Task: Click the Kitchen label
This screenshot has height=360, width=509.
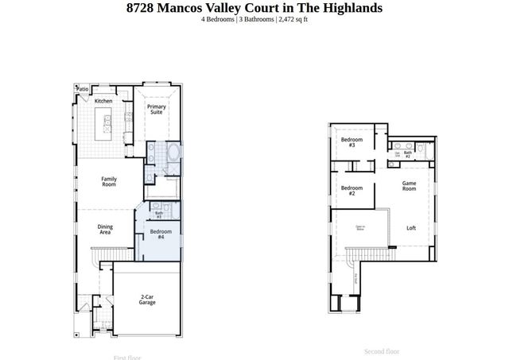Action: [x=103, y=101]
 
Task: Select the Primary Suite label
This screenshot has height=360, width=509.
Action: [x=157, y=110]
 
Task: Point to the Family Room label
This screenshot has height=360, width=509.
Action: [x=109, y=182]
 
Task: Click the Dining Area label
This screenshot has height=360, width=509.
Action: [x=105, y=230]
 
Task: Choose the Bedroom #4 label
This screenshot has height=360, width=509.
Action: [x=160, y=234]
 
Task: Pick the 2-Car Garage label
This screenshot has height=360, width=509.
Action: [x=147, y=299]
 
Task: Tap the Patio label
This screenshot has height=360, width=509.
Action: [x=82, y=89]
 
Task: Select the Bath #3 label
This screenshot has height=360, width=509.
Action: [x=159, y=214]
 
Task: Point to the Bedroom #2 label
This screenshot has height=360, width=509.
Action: [x=348, y=191]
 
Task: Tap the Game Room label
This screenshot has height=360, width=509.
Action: [x=409, y=186]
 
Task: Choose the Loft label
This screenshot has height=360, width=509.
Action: [x=411, y=228]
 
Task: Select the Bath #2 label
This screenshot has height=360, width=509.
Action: [x=407, y=154]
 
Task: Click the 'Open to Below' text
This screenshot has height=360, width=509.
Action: [x=359, y=229]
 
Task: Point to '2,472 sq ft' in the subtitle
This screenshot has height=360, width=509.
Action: [x=293, y=19]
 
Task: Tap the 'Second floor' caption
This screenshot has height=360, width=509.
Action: [x=382, y=351]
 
